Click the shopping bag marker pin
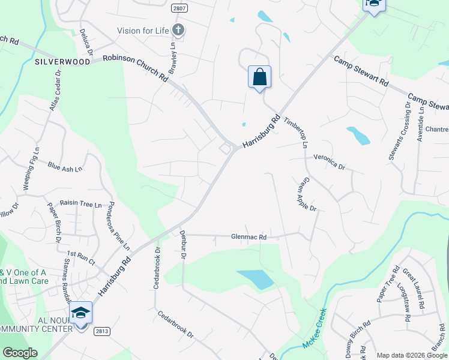(259, 78)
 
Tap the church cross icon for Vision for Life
(178, 30)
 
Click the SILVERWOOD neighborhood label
(62, 62)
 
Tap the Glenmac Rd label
(249, 237)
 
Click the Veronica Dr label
(330, 159)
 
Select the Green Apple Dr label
(306, 194)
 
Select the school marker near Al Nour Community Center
(80, 314)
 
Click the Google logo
(20, 353)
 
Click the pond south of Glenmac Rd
(256, 278)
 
